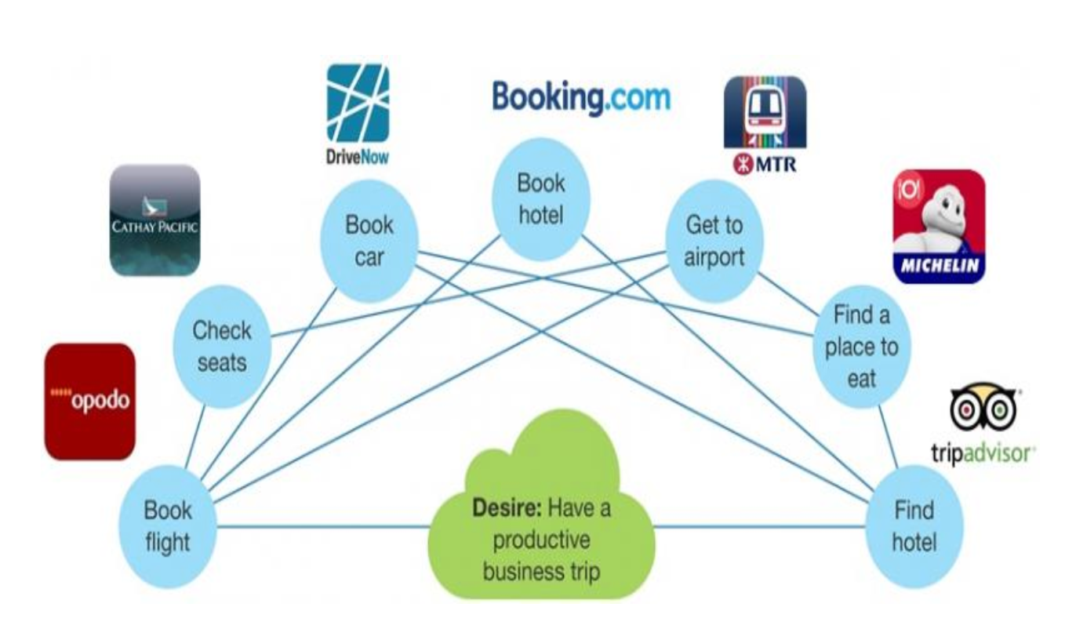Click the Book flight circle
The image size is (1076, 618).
pyautogui.click(x=167, y=526)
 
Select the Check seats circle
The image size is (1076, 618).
pyautogui.click(x=221, y=346)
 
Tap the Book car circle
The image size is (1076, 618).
pyautogui.click(x=369, y=241)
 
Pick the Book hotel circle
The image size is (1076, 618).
pyautogui.click(x=540, y=198)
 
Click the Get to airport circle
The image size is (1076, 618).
pyautogui.click(x=713, y=241)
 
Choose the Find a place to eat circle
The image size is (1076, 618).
pyautogui.click(x=860, y=346)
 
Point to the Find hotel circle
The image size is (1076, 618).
pyautogui.click(x=914, y=526)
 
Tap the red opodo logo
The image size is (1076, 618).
pyautogui.click(x=89, y=401)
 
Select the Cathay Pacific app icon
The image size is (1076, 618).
pyautogui.click(x=154, y=220)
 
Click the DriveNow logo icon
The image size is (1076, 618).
pyautogui.click(x=358, y=104)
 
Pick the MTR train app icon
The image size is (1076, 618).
pyautogui.click(x=764, y=111)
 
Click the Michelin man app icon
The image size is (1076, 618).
pyautogui.click(x=939, y=225)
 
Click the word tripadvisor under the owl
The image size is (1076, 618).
pyautogui.click(x=983, y=453)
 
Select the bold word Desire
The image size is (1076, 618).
pyautogui.click(x=507, y=507)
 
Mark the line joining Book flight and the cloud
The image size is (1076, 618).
pyautogui.click(x=322, y=526)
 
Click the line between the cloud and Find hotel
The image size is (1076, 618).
pyautogui.click(x=761, y=526)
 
